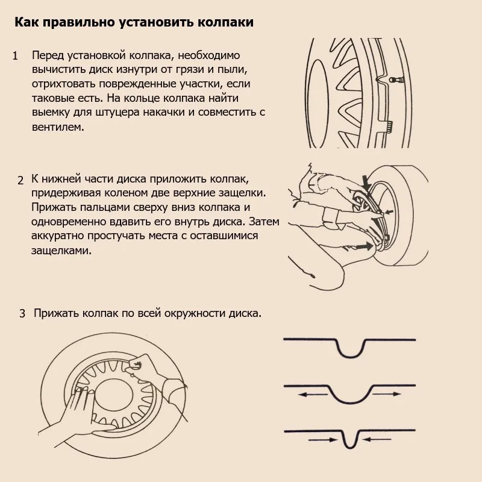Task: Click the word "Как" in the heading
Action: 27,23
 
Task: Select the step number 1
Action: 16,57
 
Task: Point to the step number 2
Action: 20,180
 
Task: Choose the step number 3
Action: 22,314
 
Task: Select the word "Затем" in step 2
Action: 264,221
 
